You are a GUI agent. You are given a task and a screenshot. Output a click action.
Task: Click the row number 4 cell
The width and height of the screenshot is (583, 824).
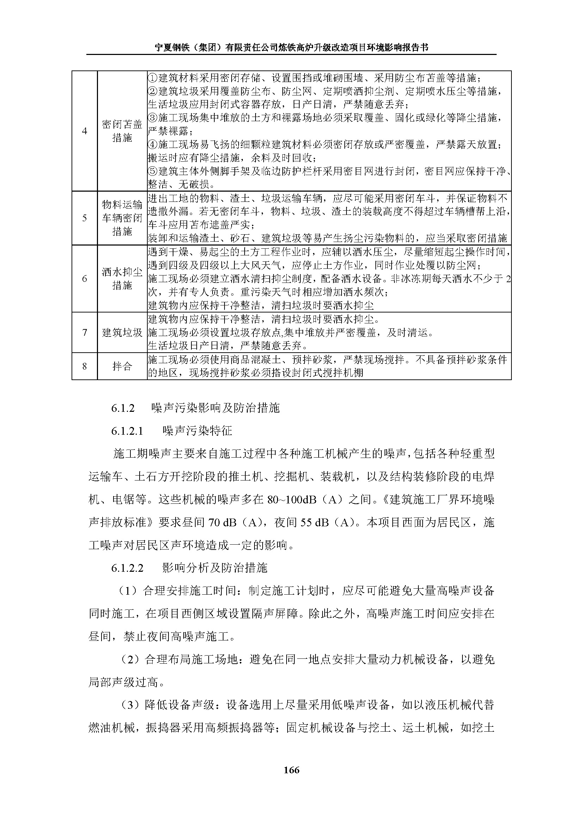(84, 131)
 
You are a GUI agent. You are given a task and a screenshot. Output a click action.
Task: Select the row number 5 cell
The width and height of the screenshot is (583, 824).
(84, 218)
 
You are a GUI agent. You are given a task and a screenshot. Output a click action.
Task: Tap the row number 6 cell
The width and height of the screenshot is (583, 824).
(84, 279)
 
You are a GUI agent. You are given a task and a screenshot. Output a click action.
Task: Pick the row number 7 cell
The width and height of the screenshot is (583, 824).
(84, 332)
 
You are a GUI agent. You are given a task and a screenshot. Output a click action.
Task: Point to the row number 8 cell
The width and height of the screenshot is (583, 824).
(84, 366)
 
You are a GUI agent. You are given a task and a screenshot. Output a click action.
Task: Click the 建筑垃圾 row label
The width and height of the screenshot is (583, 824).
(122, 332)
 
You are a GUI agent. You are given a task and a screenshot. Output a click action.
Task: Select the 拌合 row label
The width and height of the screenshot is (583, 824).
(122, 366)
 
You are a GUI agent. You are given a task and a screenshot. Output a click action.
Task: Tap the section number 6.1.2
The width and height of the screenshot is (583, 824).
(123, 408)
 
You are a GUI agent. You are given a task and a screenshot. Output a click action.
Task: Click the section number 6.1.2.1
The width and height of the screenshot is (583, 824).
(127, 430)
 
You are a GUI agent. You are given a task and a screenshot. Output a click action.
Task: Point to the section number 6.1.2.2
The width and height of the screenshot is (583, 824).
(127, 568)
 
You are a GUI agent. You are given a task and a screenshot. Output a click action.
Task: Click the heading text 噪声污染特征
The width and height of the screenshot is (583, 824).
(197, 430)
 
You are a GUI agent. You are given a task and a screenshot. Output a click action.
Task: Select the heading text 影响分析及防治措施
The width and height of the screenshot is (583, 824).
(215, 568)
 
